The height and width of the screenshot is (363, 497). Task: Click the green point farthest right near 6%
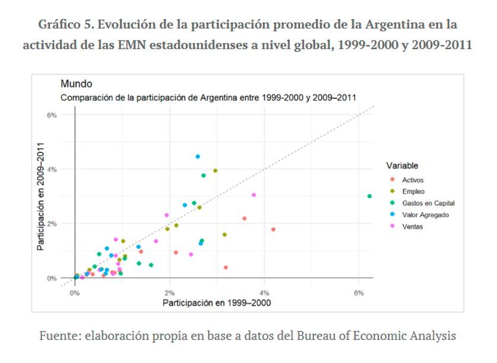369,196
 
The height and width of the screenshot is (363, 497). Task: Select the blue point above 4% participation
198,157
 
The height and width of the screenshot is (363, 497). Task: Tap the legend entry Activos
413,180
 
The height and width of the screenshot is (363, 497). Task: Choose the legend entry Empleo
413,192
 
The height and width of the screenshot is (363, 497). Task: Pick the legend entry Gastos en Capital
428,203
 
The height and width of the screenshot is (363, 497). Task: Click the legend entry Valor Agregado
425,215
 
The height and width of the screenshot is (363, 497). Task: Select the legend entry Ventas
412,226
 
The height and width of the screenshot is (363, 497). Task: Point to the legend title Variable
402,166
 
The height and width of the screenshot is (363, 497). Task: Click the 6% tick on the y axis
52,115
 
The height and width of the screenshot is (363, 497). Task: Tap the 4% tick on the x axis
264,292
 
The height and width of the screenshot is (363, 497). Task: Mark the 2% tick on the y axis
52,223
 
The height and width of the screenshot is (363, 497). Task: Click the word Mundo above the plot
76,85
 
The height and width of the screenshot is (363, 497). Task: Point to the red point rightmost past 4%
273,229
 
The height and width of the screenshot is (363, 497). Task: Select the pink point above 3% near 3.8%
254,195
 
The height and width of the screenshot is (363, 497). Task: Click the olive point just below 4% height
215,171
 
